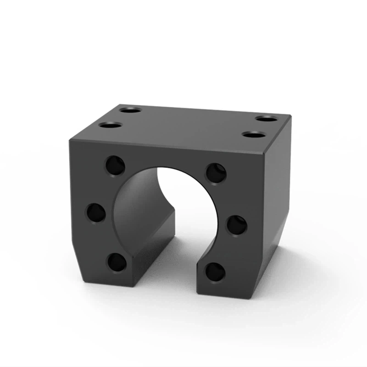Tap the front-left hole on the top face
[x=110, y=125]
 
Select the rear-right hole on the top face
[x=266, y=119]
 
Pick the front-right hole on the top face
[x=254, y=135]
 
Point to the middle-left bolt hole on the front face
[x=96, y=212]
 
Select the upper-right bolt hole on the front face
[x=216, y=172]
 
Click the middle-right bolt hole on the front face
[x=237, y=224]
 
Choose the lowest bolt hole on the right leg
[x=215, y=272]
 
